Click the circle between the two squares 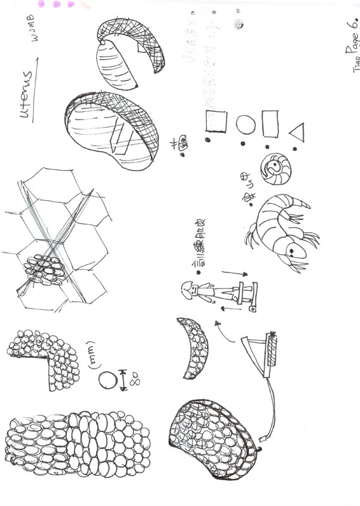pos(245,123)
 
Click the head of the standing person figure pos(188,289)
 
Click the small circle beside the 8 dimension pos(108,380)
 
